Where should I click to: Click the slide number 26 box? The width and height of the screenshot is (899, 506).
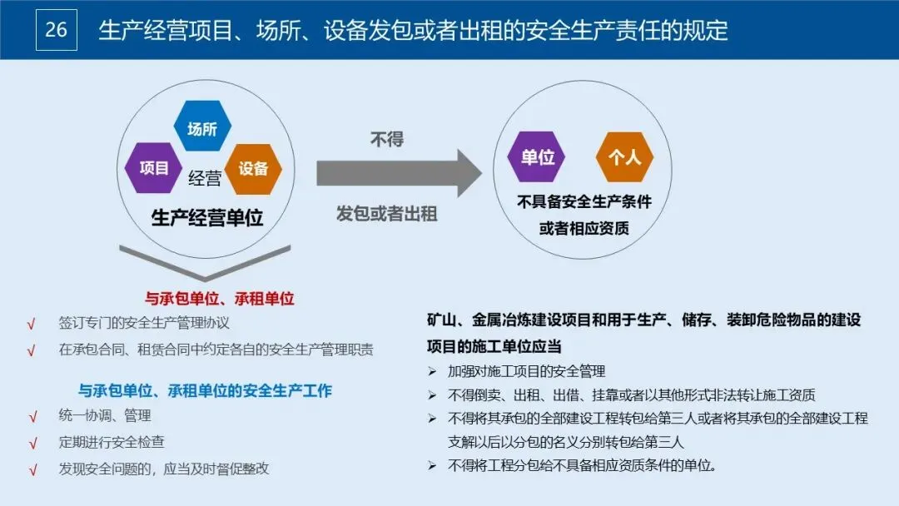click(x=57, y=31)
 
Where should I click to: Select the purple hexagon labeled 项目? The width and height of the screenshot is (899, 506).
click(x=154, y=167)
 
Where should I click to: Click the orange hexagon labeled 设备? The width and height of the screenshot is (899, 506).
click(x=253, y=168)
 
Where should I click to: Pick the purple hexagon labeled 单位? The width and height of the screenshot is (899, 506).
click(x=537, y=156)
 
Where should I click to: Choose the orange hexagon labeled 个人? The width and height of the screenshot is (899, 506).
click(x=624, y=156)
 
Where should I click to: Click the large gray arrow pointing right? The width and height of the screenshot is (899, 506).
click(x=398, y=173)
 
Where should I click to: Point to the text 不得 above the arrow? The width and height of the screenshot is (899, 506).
click(x=387, y=139)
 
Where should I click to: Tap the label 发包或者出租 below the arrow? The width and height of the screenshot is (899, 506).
click(x=387, y=213)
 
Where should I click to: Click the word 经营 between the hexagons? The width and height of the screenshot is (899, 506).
click(x=204, y=177)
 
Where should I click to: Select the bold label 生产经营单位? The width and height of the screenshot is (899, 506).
click(x=207, y=218)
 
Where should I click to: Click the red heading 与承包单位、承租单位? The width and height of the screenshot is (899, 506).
click(x=220, y=298)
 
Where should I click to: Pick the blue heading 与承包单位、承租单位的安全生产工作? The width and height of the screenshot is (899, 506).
click(x=205, y=390)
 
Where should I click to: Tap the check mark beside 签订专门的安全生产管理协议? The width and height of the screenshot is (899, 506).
click(x=32, y=323)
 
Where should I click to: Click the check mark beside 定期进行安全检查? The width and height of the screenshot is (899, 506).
click(x=33, y=443)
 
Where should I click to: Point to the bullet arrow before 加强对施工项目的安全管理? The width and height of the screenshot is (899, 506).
click(x=432, y=371)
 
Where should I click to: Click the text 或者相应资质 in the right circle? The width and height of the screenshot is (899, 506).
click(x=584, y=228)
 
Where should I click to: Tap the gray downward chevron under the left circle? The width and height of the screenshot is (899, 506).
click(x=205, y=261)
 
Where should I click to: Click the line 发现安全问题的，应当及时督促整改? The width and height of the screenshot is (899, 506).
click(x=164, y=469)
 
